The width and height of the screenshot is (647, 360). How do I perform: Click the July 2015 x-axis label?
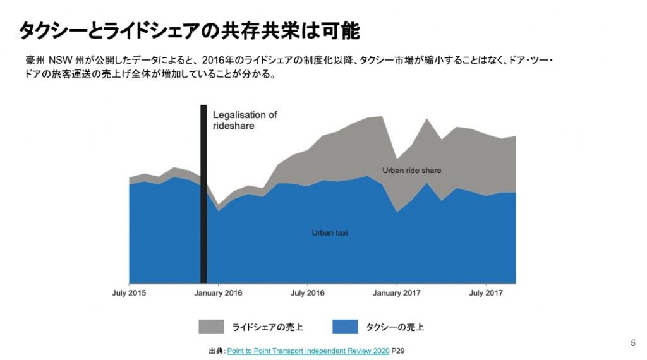tap(129, 293)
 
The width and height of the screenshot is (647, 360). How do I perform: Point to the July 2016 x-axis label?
tap(308, 293)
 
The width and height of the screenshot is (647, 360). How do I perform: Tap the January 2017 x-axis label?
tap(397, 293)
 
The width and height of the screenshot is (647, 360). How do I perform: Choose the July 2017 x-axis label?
tap(486, 293)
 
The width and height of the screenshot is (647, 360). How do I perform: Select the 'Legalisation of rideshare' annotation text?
tap(245, 120)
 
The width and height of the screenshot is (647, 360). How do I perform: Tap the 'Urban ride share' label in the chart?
tap(411, 171)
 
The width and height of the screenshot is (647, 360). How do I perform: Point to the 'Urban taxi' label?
tap(330, 233)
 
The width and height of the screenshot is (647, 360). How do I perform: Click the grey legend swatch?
tap(211, 327)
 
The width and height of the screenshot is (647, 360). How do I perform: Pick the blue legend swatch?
tap(345, 327)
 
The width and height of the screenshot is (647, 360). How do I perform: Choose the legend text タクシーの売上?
tap(395, 327)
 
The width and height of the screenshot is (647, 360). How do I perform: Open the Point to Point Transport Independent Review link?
tap(308, 350)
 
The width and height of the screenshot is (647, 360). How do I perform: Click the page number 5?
tap(633, 343)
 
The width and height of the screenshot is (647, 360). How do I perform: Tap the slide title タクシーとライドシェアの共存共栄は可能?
tap(189, 30)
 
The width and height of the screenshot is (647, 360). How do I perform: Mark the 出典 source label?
tap(215, 350)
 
